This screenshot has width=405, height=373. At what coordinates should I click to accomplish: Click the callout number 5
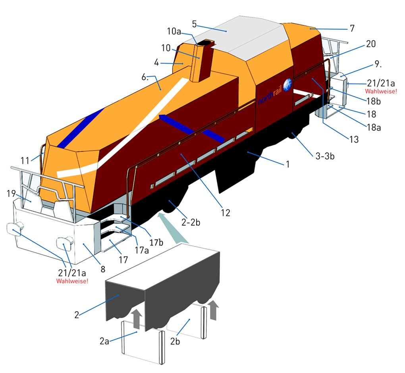click(194, 24)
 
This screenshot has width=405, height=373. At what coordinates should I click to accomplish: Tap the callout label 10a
click(174, 31)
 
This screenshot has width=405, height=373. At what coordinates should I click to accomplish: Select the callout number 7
click(352, 28)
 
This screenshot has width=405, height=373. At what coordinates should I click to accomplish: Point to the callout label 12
click(225, 213)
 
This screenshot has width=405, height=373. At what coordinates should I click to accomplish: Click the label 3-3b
click(325, 156)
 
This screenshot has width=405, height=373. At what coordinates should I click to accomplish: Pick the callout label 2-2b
click(191, 222)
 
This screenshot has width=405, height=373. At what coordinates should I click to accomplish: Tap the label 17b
click(156, 242)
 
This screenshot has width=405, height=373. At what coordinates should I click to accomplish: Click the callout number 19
click(12, 193)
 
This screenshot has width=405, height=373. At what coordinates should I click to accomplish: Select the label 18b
click(374, 102)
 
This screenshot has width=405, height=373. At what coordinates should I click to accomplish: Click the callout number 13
click(354, 139)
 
